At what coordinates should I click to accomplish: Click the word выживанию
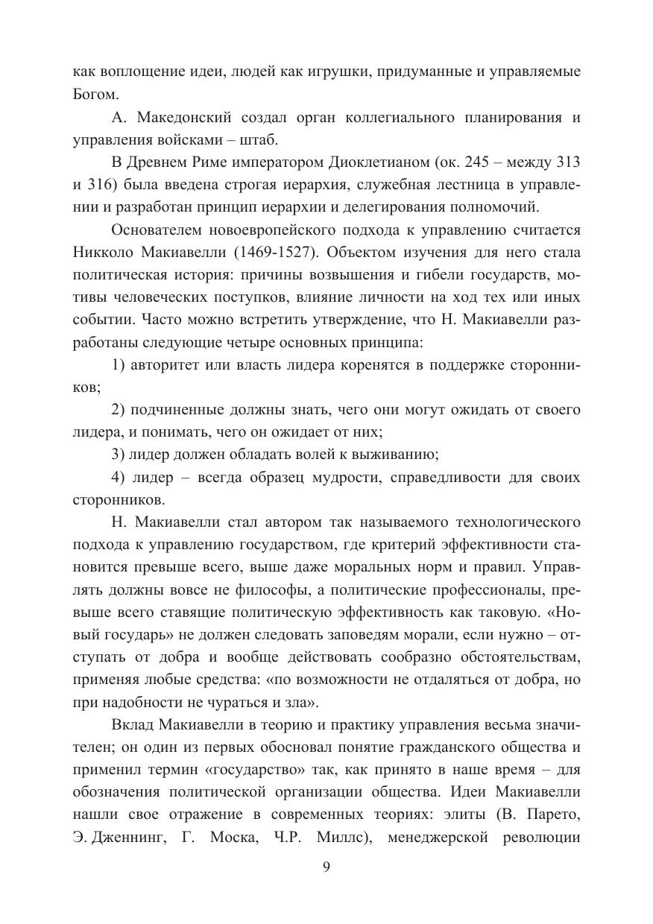coord(392,454)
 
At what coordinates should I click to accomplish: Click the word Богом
coord(95,95)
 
